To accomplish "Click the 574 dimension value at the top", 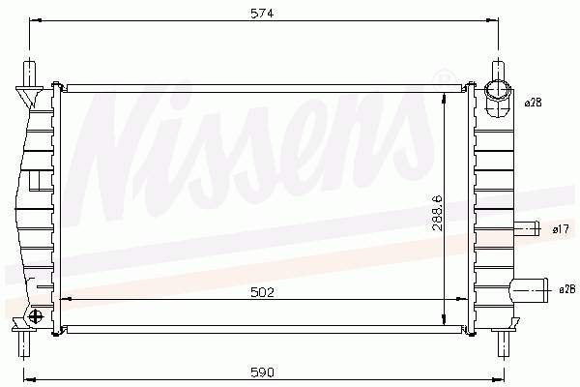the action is [262, 14].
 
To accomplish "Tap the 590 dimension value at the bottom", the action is [262, 372].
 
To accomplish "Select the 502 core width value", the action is [262, 292].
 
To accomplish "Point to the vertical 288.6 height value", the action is [438, 213].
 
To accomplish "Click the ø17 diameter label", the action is [561, 229].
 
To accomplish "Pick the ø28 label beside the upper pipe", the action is [533, 103].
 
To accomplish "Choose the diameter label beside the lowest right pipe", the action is [567, 290].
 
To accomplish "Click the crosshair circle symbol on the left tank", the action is [36, 316].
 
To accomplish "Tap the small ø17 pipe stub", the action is [527, 228].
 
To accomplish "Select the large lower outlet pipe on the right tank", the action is [529, 291].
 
